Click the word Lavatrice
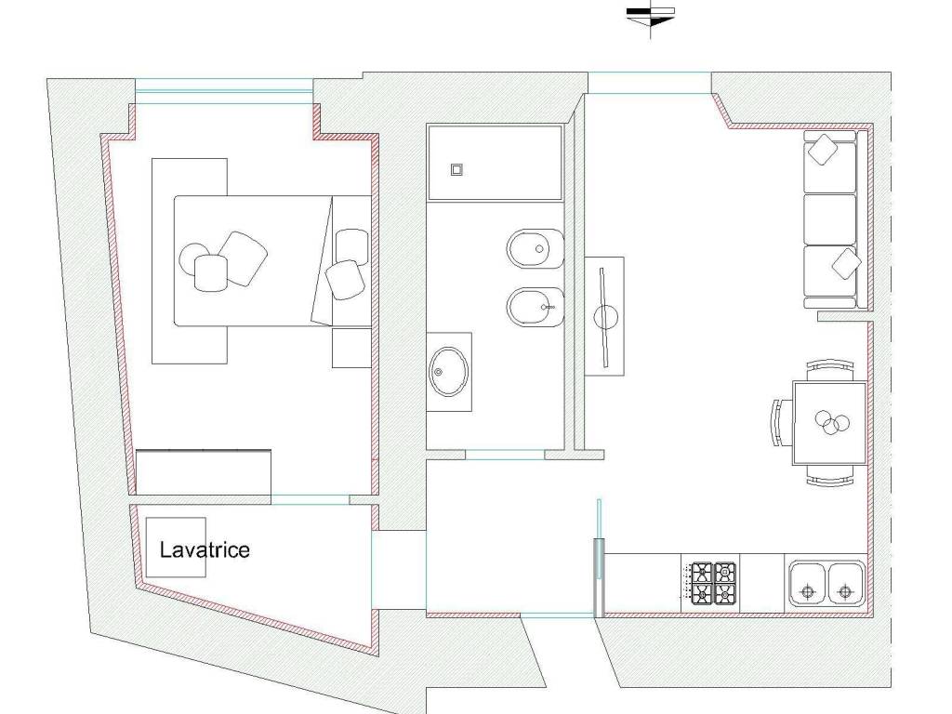click(205, 550)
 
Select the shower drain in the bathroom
click(457, 169)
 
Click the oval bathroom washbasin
click(449, 372)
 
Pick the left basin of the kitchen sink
click(808, 584)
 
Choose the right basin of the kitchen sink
click(846, 584)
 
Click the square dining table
click(829, 423)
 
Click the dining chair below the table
click(830, 476)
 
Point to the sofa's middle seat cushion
click(829, 218)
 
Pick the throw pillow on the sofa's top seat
click(823, 150)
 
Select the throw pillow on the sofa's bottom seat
click(846, 264)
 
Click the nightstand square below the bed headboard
click(351, 348)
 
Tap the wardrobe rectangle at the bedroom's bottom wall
click(204, 472)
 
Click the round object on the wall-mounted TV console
click(604, 317)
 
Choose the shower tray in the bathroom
click(495, 163)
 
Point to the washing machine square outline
click(176, 547)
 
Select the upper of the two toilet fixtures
click(535, 248)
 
